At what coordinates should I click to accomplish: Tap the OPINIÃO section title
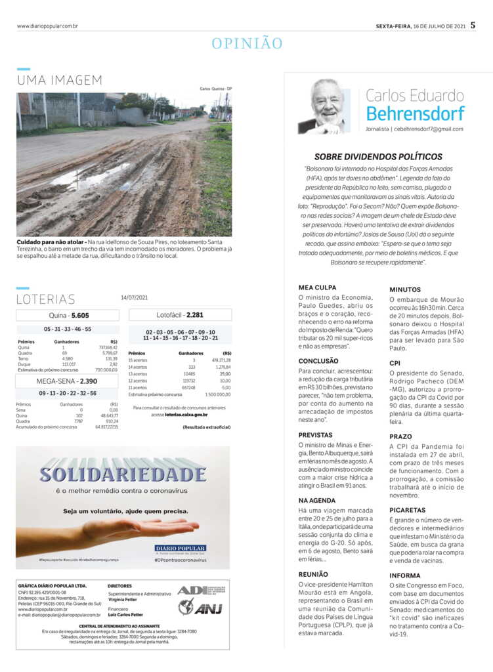247,44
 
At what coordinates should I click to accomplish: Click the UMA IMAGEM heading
60,80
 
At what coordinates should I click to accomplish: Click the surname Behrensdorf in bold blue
415,114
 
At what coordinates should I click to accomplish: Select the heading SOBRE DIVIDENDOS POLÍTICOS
378,157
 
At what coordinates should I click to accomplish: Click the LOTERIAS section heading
46,299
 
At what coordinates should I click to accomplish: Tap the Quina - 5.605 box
68,316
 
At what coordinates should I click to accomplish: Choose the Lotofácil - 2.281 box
180,315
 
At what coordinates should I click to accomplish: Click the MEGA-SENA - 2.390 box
68,381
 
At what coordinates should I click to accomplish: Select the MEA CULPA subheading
314,287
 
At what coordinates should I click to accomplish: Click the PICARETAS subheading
408,510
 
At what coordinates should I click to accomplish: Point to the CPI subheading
395,362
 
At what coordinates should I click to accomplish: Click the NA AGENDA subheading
316,501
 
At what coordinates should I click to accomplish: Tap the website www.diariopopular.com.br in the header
48,26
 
